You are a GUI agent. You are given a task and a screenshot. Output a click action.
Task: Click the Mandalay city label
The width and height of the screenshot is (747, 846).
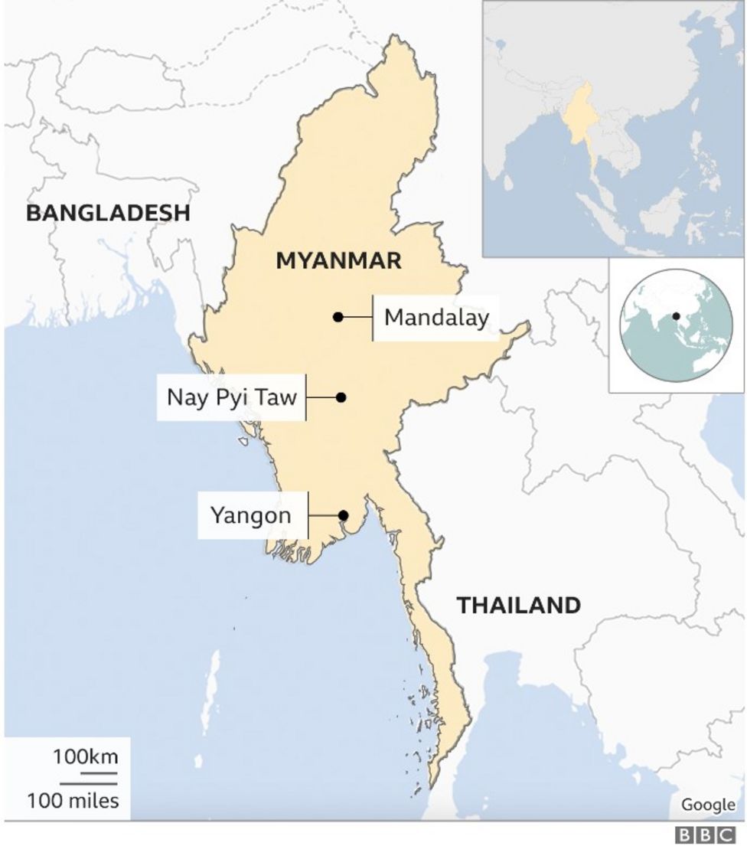pyautogui.click(x=435, y=317)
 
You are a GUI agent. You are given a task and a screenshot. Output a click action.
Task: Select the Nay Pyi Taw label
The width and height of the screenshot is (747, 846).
pyautogui.click(x=231, y=397)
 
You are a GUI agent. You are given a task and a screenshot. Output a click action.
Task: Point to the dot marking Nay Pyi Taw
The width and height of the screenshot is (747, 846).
pyautogui.click(x=341, y=397)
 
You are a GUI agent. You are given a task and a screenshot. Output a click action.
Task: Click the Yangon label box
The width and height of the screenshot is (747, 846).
pyautogui.click(x=251, y=515)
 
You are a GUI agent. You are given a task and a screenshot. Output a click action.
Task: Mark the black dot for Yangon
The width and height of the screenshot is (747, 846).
pyautogui.click(x=344, y=515)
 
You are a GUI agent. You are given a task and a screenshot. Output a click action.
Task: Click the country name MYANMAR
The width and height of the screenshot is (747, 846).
pyautogui.click(x=338, y=261)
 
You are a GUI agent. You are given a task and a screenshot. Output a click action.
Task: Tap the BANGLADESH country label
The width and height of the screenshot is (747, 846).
pyautogui.click(x=108, y=213)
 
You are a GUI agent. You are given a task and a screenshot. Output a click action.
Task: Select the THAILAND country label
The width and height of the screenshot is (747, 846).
pyautogui.click(x=518, y=606)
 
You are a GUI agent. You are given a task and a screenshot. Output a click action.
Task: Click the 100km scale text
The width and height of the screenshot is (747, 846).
pyautogui.click(x=85, y=758)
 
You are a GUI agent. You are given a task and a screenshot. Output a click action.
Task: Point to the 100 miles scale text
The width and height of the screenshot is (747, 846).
pyautogui.click(x=73, y=802)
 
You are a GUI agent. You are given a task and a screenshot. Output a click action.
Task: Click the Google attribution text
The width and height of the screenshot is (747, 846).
pyautogui.click(x=706, y=805)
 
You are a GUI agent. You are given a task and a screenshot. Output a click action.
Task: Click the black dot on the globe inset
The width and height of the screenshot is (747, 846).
pyautogui.click(x=677, y=316)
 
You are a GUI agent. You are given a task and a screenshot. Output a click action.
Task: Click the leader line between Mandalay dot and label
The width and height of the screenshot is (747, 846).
pyautogui.click(x=357, y=317)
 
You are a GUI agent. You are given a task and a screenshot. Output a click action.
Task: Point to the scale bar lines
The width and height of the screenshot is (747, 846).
pyautogui.click(x=88, y=779)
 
